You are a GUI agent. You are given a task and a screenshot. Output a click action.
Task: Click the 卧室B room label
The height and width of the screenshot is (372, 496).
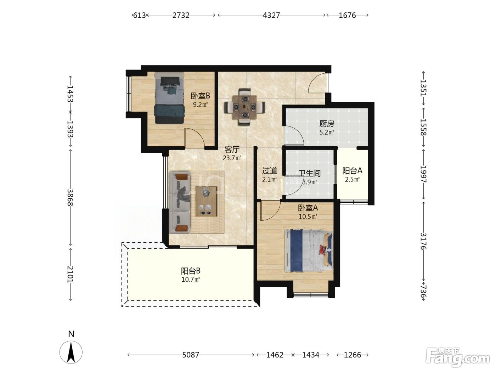pos(201,96)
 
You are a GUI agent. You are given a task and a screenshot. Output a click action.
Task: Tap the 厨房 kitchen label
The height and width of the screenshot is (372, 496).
pos(327,124)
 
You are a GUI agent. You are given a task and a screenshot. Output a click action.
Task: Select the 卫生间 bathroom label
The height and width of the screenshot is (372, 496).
pos(310,173)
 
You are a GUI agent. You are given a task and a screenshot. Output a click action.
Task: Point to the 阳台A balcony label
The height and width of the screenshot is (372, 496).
pos(352,171)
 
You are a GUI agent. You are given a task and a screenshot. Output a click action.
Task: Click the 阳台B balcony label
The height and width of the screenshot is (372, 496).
pos(191,271)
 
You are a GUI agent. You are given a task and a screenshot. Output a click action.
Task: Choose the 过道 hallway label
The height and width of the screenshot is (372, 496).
pos(270,171)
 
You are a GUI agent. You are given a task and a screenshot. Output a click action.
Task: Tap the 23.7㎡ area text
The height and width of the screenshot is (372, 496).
pos(232,158)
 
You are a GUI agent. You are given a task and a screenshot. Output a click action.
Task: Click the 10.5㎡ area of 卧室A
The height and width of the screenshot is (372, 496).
pos(308,216)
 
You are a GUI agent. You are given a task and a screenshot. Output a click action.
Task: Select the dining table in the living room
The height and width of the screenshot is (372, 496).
pos(245,107)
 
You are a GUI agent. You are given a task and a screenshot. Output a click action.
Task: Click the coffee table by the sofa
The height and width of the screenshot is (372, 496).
pos(206,202)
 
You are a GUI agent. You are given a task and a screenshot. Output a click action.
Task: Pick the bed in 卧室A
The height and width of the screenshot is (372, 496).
pos(309,251)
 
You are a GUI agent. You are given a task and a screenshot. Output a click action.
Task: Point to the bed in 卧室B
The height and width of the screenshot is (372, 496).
pos(169,98)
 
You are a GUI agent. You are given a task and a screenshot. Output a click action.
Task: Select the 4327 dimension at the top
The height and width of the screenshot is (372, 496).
pos(271,15)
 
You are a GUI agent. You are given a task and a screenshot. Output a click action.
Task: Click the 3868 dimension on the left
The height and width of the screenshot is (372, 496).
pos(71,197)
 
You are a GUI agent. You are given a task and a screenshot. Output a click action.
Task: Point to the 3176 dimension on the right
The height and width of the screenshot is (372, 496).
pos(423,241)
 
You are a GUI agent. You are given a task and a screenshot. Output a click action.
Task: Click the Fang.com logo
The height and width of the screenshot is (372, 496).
pos(458,357)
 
